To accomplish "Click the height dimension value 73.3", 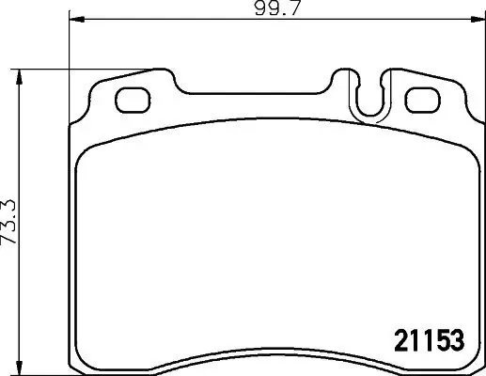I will click(x=10, y=227).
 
